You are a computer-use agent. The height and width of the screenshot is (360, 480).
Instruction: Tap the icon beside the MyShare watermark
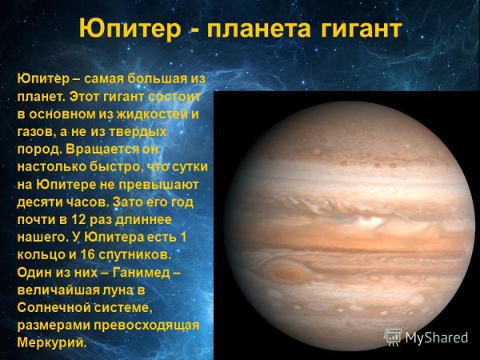coord(393,336)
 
